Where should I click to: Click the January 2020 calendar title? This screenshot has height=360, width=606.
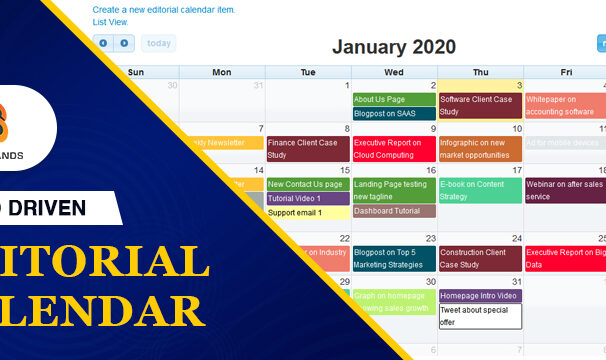[393, 46]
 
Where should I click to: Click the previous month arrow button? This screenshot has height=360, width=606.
[103, 43]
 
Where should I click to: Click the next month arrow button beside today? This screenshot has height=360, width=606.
[124, 43]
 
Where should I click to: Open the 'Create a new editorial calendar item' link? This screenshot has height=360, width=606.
[163, 9]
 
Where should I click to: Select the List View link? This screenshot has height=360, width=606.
[110, 21]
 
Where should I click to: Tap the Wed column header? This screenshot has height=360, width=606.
[393, 72]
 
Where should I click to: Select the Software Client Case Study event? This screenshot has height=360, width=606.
[479, 105]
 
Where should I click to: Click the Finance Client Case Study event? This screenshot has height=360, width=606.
[307, 148]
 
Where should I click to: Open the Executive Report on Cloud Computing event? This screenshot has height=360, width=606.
[393, 148]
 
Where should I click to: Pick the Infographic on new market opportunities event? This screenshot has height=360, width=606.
[479, 148]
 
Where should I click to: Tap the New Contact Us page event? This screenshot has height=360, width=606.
[307, 184]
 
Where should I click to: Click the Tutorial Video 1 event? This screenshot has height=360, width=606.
[307, 198]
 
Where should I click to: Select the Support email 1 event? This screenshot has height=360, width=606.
[307, 212]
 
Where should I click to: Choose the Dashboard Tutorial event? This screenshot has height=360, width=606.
[393, 211]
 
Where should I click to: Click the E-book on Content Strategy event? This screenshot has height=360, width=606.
[479, 190]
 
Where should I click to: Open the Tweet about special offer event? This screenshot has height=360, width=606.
[479, 316]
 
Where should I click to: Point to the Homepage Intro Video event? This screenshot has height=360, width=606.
[479, 296]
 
